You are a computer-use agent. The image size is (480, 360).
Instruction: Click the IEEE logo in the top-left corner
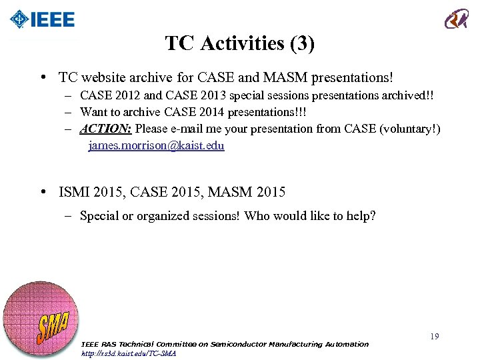42,20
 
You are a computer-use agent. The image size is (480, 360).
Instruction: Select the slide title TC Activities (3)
240,44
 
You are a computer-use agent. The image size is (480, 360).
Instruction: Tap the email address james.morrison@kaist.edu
156,145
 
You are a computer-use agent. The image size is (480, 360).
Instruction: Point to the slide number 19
434,337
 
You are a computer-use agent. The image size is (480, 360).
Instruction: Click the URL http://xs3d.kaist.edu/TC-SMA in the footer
128,353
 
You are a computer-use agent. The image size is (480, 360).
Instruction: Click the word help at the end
361,216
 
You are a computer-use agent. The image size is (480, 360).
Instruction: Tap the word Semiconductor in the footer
239,344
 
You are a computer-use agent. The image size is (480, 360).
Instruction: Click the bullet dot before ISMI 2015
43,193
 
